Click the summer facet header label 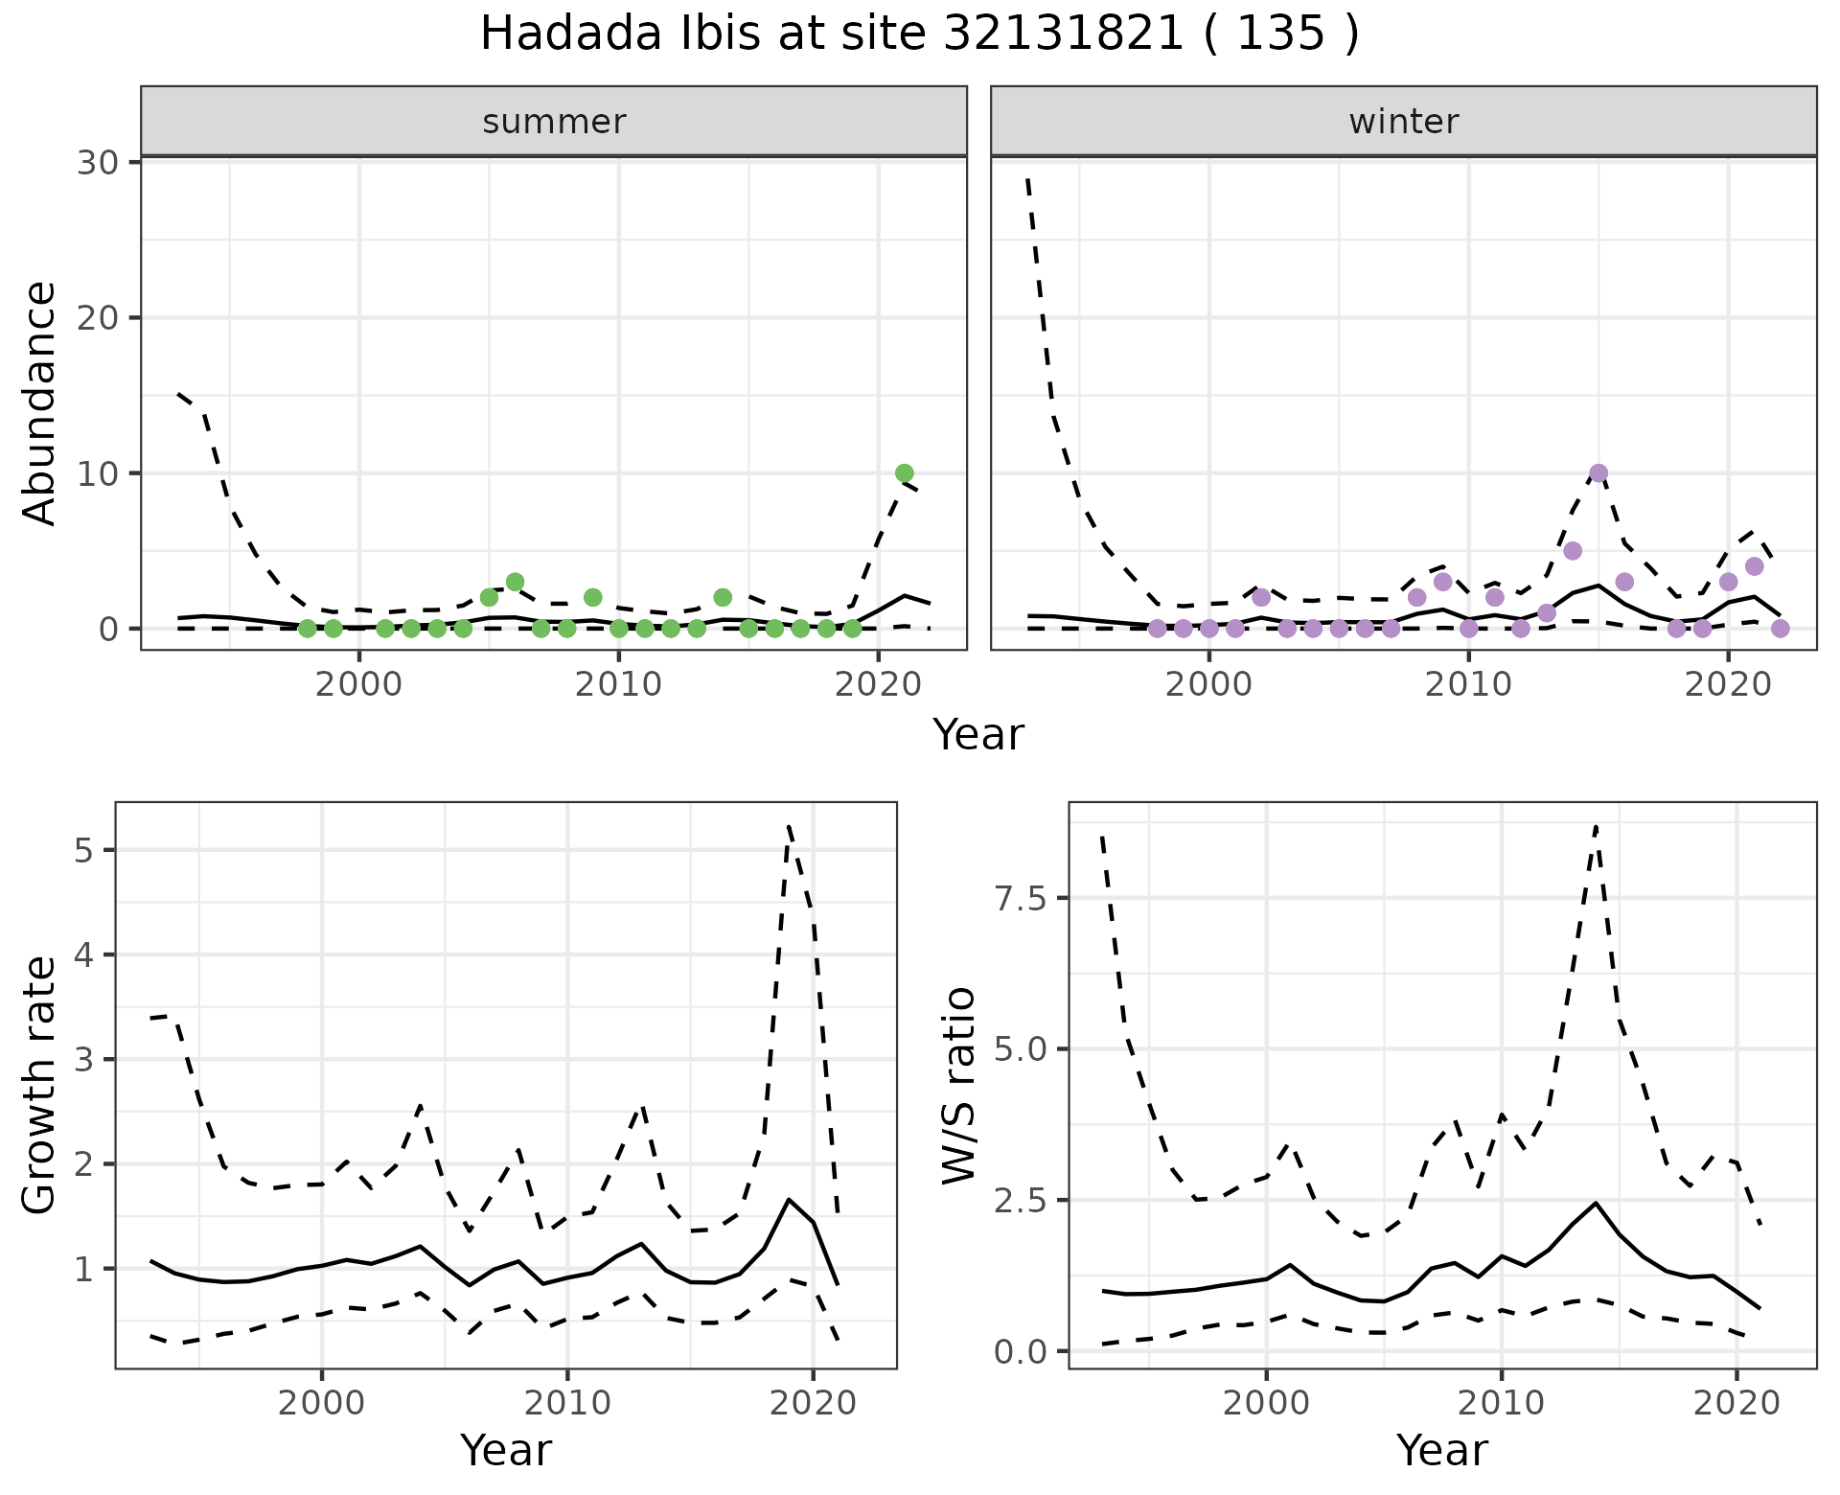pos(554,122)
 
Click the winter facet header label pos(1403,122)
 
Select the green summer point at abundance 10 pos(904,472)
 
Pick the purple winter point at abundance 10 pos(1598,472)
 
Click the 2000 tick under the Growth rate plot pos(322,1404)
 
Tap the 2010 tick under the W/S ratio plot pos(1501,1404)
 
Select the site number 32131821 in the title pos(1065,34)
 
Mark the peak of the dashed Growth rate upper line pos(788,825)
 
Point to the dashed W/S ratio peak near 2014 pos(1596,825)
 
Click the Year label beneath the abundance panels pos(978,735)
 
